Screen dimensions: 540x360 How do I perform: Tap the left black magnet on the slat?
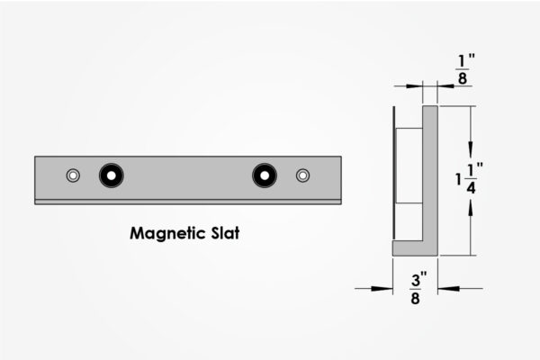point(112,175)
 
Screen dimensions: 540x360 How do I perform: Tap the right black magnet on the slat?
point(265,175)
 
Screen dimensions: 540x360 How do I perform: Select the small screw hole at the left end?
point(73,175)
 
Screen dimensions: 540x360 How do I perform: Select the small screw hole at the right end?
point(302,175)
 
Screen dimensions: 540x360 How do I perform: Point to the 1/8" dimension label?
point(464,69)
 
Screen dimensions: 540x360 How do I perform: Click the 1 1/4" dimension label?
point(469,178)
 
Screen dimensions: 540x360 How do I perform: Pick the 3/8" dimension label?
point(418,288)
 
